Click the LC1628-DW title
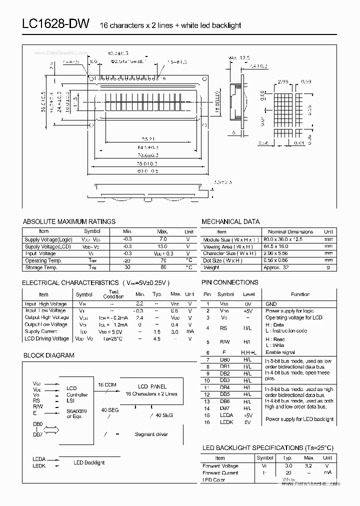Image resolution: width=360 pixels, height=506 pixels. tap(55, 24)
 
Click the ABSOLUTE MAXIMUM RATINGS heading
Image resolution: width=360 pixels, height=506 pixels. tap(69, 221)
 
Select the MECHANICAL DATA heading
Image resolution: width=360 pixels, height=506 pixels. tap(230, 221)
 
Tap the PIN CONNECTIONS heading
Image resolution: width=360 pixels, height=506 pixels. tap(229, 282)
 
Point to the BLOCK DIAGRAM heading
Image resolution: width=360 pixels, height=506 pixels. tap(48, 355)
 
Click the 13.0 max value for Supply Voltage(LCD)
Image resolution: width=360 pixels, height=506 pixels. tap(162, 246)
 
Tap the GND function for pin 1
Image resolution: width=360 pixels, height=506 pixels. tap(271, 304)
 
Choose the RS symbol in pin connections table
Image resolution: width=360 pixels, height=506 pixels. tap(223, 328)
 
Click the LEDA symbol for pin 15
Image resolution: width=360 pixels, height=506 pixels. tap(226, 415)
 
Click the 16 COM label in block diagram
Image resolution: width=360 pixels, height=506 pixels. tap(107, 385)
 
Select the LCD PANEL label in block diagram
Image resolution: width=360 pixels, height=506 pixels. tap(151, 386)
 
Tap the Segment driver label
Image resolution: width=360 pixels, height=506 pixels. tap(151, 434)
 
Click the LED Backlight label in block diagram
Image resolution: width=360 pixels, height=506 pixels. tap(89, 462)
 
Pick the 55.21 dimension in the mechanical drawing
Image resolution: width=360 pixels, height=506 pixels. tap(147, 139)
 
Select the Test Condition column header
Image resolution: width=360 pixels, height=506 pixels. tap(113, 294)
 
